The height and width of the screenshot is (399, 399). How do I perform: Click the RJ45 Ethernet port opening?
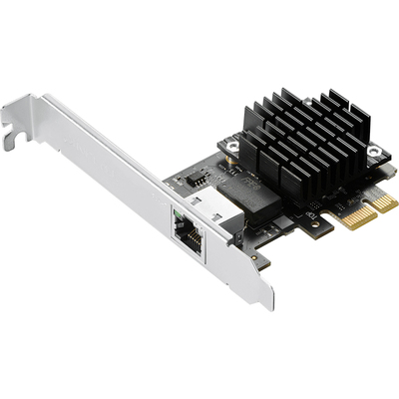(186, 235)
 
